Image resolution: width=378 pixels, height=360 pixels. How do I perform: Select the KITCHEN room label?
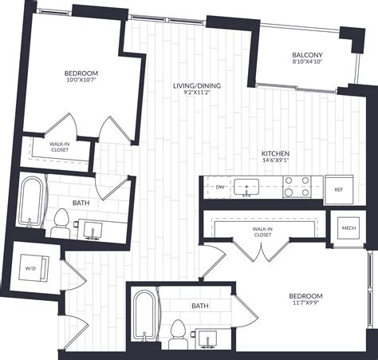275,152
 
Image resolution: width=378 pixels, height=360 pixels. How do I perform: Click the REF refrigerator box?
338,189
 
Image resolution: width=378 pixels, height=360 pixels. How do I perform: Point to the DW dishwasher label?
220,188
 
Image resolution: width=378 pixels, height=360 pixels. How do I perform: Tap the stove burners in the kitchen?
297,187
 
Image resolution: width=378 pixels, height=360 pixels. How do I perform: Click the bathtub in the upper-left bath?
33,205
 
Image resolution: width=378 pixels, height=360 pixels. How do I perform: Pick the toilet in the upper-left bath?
61,223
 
